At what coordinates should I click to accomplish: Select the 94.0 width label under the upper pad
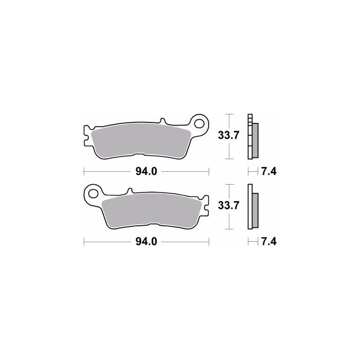(x=146, y=171)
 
